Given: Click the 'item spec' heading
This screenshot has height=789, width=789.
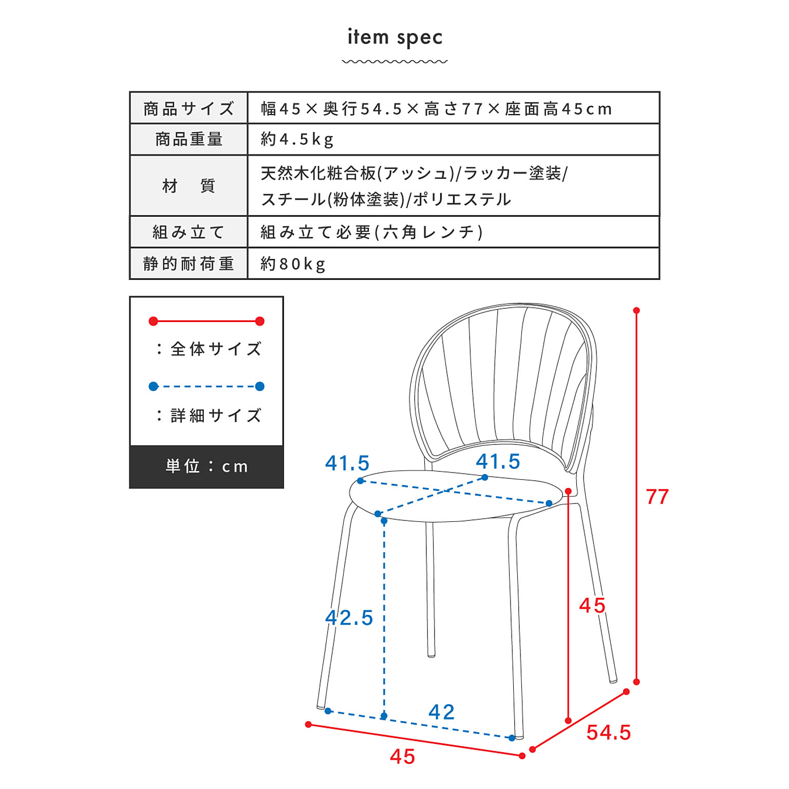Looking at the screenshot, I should pyautogui.click(x=394, y=37).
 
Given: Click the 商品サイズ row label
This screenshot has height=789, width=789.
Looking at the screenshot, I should pyautogui.click(x=189, y=108).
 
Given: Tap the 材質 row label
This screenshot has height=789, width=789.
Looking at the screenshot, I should pyautogui.click(x=189, y=185).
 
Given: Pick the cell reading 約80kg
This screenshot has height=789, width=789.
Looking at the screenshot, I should pyautogui.click(x=293, y=264).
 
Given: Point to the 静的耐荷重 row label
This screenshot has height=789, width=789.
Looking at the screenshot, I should pyautogui.click(x=189, y=264).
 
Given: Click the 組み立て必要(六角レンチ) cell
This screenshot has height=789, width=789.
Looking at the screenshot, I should pyautogui.click(x=371, y=232).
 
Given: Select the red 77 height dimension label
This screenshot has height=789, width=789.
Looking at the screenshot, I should pyautogui.click(x=657, y=497).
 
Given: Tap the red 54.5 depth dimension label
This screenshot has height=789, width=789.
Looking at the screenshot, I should pyautogui.click(x=608, y=732).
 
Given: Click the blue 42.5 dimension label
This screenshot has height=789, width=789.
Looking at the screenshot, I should pyautogui.click(x=349, y=617).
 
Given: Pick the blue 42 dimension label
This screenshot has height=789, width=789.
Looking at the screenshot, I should pyautogui.click(x=441, y=712).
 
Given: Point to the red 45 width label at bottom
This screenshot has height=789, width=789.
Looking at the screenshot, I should pyautogui.click(x=402, y=757).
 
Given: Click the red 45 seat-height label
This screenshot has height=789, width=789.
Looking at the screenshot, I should pyautogui.click(x=592, y=606).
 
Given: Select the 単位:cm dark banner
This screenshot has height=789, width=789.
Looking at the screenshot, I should pyautogui.click(x=206, y=466).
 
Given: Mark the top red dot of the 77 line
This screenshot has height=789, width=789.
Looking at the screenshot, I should pyautogui.click(x=636, y=310).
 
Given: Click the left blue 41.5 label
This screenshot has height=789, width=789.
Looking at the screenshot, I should pyautogui.click(x=347, y=463).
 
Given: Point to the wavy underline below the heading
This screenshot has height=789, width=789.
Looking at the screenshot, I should pyautogui.click(x=394, y=62).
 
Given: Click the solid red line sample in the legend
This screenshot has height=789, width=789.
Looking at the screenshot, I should pyautogui.click(x=206, y=321).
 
